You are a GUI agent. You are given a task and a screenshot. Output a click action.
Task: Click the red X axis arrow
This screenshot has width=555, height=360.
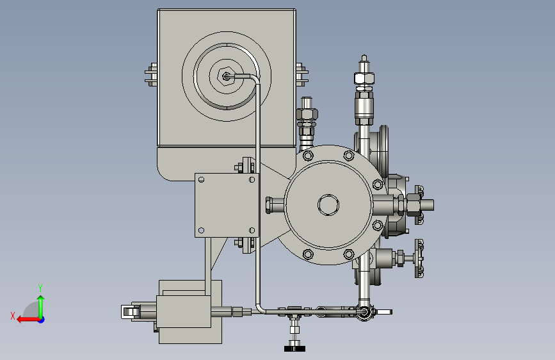29,320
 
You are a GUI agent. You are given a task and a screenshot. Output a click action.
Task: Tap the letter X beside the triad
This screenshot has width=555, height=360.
13,316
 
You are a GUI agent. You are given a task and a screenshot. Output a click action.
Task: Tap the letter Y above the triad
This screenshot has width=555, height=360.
40,288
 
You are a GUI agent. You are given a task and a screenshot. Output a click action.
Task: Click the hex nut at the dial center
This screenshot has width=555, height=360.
226,76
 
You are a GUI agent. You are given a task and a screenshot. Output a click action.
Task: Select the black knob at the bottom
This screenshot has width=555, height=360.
294,348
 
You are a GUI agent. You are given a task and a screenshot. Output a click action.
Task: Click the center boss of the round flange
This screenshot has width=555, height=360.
328,205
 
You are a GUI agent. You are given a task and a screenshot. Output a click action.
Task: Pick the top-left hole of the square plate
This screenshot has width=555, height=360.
201,179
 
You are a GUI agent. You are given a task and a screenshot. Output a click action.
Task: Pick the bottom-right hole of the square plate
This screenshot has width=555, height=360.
252,231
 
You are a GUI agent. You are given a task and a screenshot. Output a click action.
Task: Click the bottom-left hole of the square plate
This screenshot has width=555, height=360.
201,231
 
